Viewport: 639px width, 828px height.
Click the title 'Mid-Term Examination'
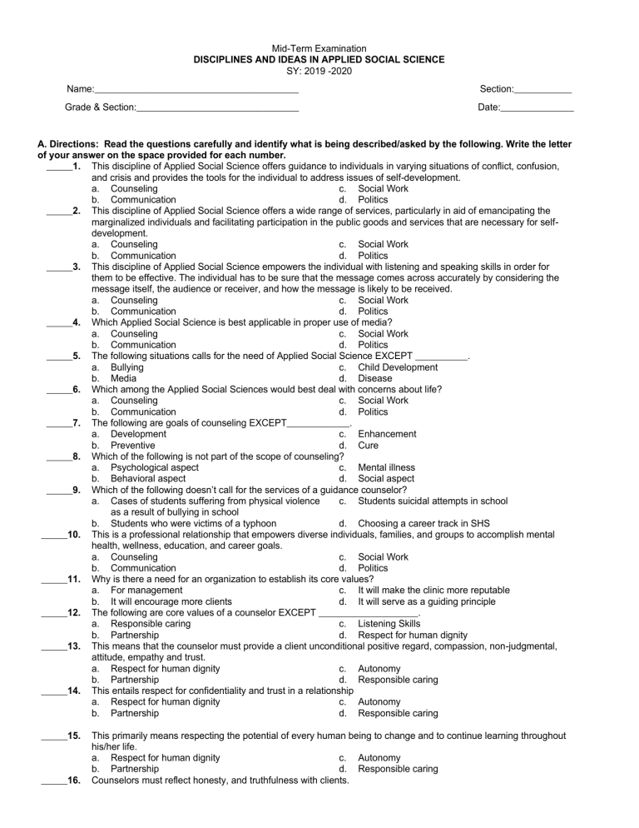[x=319, y=49]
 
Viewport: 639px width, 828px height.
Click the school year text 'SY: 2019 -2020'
[x=319, y=71]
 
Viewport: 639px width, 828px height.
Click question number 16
[x=73, y=781]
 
